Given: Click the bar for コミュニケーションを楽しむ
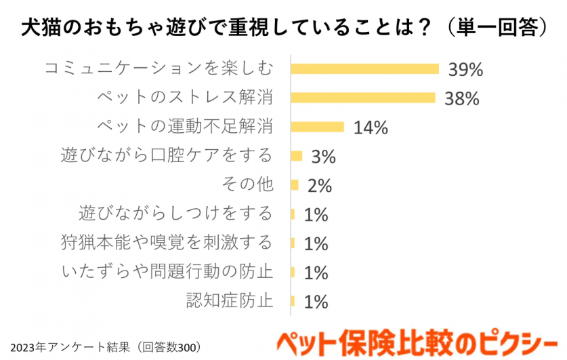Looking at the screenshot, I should [365, 68].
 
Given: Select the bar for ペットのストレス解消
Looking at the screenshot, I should [362, 98].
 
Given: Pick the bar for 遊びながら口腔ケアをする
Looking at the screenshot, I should [296, 156].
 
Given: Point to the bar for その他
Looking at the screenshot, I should [294, 185].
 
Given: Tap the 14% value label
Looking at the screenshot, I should [370, 127].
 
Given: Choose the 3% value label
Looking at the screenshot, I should [323, 157].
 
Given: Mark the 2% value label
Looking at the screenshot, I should [319, 186].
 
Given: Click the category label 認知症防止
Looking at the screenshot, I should [229, 300].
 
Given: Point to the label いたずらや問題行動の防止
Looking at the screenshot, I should [167, 271].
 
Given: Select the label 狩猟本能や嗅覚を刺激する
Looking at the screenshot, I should [167, 242].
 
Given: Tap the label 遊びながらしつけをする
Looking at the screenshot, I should [175, 214].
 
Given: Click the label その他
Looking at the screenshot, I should [247, 184].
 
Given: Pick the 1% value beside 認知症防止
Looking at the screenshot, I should [316, 302].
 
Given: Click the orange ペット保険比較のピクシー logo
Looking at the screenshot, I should [415, 342].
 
